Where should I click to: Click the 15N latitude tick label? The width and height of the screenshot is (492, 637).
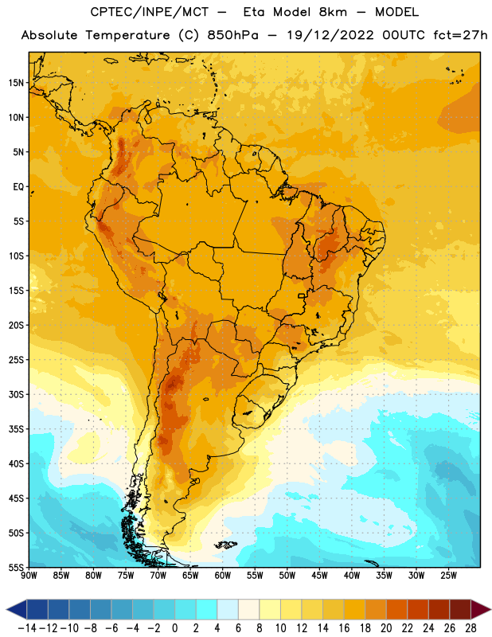point(16,83)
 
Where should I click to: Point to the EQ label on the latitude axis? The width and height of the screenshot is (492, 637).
point(18,187)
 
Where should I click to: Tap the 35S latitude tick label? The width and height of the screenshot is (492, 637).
point(16,429)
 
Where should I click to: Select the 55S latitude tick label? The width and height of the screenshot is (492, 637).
point(16,567)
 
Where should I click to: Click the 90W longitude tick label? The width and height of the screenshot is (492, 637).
point(29,576)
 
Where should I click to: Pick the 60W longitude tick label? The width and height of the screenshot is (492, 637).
point(223,576)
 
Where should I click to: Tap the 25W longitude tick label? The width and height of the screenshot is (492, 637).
point(448,576)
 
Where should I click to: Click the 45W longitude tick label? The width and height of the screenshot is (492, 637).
point(319,576)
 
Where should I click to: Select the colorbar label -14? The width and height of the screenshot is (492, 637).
point(27,628)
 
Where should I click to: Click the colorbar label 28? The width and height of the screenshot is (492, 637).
point(471,628)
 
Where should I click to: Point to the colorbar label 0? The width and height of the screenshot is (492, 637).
point(174,628)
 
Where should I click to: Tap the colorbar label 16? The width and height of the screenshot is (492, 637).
point(344,628)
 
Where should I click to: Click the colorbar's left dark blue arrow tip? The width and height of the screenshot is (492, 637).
point(6,609)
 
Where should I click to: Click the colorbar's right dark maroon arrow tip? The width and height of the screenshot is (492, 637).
point(491,609)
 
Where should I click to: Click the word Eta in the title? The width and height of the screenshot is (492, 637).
point(254,12)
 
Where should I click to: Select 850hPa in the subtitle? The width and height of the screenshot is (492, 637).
point(232,35)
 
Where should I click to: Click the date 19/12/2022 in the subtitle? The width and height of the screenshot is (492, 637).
point(330,35)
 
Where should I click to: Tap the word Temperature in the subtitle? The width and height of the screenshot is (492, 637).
point(127,36)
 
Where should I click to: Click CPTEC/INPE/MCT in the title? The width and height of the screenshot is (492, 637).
point(150,12)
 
